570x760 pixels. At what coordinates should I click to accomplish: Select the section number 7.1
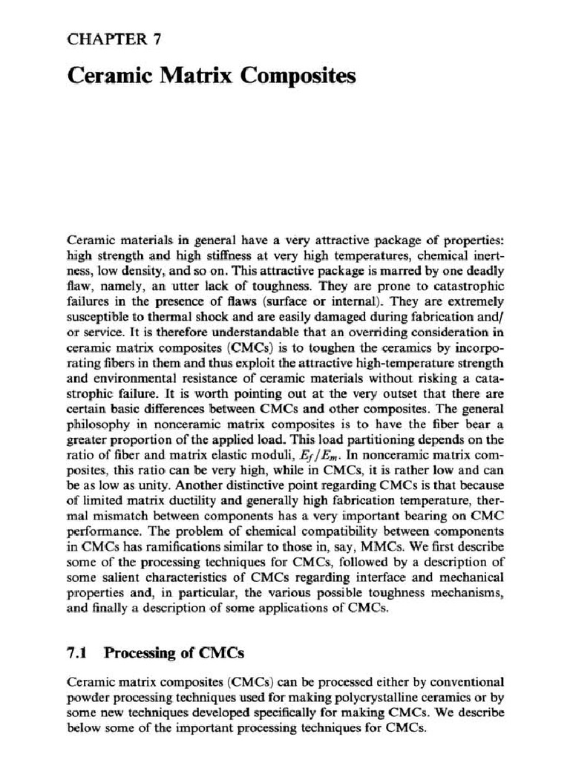[78, 653]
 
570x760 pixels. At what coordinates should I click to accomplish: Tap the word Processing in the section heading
[140, 653]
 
